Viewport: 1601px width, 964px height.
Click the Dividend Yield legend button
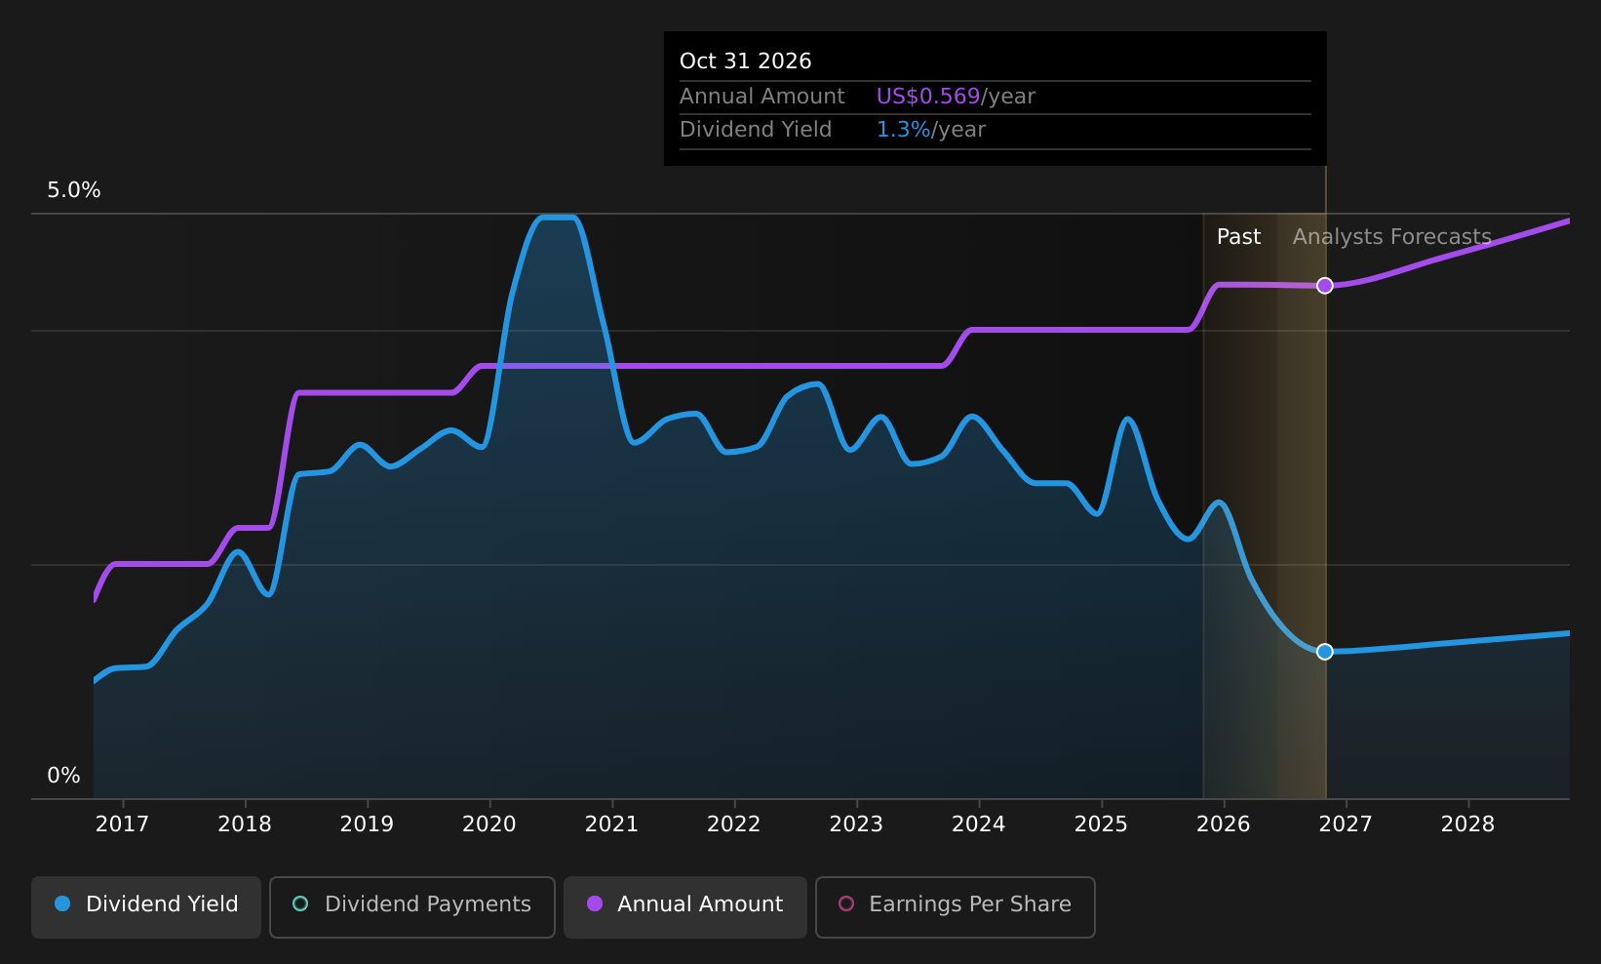146,906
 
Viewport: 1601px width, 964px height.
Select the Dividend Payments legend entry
412,906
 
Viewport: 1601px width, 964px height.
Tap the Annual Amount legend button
684,906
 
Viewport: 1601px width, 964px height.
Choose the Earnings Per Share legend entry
955,906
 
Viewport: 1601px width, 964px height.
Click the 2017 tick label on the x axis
122,824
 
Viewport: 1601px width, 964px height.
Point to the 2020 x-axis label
489,824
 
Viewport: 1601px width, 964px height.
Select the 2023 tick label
856,824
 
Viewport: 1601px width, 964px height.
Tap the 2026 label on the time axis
1224,824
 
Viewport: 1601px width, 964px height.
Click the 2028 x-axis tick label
1468,824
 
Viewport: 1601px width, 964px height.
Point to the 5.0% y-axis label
74,190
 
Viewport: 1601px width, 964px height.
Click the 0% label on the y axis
63,776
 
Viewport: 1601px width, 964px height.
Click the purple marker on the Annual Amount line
1324,286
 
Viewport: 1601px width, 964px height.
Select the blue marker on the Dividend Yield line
1324,652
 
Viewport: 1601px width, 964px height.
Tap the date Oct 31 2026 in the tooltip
746,61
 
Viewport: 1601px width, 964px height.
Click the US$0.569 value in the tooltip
927,97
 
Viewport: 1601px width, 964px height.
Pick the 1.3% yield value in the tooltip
904,130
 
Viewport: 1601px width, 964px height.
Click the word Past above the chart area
1238,237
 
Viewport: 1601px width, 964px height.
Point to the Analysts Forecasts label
1391,237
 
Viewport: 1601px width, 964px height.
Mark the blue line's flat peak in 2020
558,218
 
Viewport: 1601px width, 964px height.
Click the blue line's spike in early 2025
1127,420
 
